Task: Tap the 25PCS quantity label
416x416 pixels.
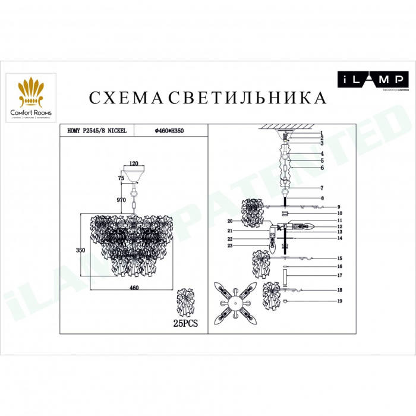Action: click(185, 323)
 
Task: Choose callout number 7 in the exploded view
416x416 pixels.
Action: click(321, 188)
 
